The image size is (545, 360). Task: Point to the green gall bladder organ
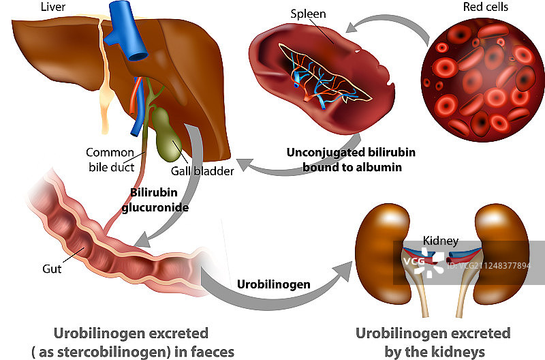point(166,129)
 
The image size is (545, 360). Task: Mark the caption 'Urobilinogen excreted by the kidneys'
point(433,342)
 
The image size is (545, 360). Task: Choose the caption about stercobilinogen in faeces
point(131,342)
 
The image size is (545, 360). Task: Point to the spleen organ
point(313,75)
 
